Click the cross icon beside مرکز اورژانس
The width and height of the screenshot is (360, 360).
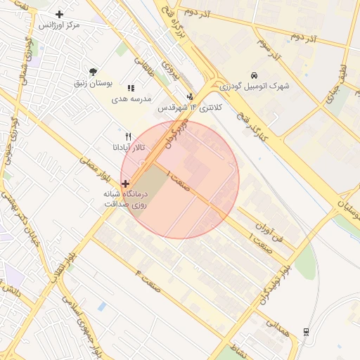59,14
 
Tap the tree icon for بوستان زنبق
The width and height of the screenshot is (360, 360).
93,71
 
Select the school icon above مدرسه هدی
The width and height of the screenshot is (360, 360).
131,88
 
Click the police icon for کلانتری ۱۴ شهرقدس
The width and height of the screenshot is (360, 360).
190,97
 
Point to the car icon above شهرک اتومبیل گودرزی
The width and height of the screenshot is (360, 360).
254,75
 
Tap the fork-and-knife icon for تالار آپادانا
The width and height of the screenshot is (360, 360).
127,136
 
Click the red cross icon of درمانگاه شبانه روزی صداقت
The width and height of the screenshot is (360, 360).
125,184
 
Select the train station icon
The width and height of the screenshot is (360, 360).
306,332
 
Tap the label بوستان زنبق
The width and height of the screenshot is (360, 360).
94,83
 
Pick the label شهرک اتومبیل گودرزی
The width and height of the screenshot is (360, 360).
255,86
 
